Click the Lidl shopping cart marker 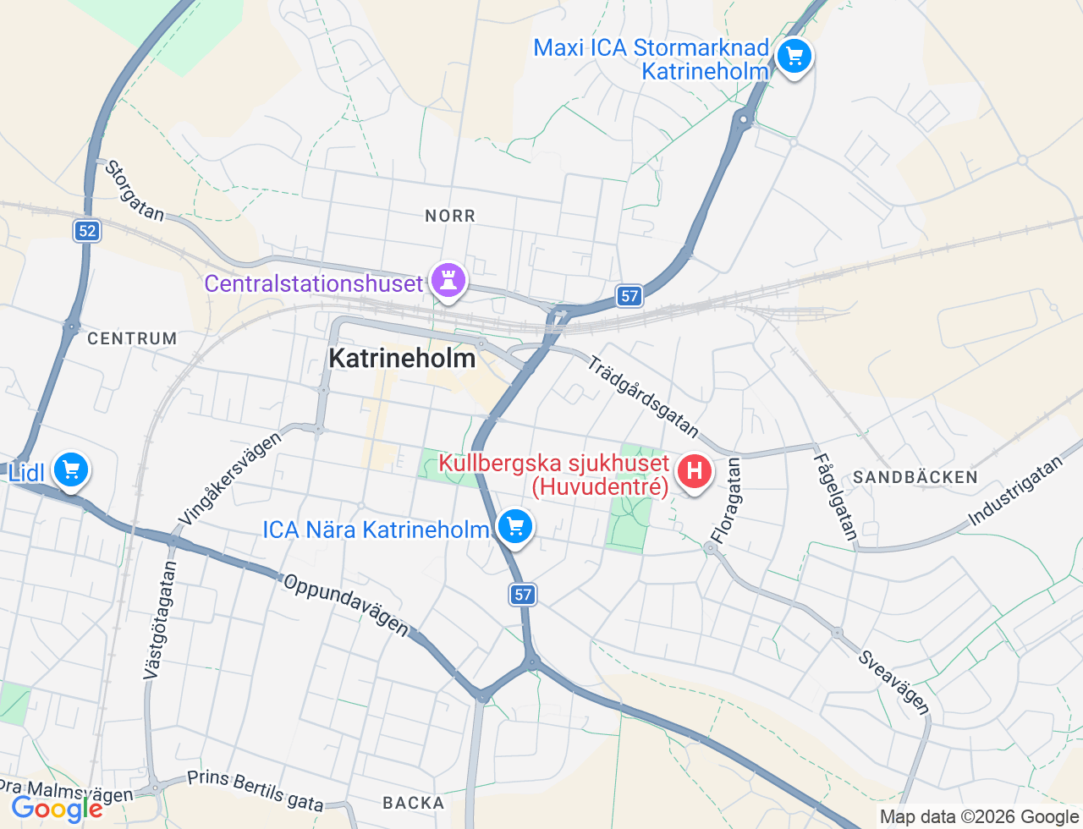pos(71,469)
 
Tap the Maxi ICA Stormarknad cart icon pos(794,58)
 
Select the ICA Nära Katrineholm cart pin pos(514,527)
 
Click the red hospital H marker pos(695,471)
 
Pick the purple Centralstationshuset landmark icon pos(448,280)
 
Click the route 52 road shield pos(86,231)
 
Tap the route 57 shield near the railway pos(629,295)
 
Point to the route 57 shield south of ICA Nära pos(523,595)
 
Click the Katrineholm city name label pos(402,359)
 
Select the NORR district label pos(450,217)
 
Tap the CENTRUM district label pos(132,338)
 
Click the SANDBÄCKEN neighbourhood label pos(915,477)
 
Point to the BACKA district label pos(413,803)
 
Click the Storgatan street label pos(134,190)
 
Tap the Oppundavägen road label pos(346,605)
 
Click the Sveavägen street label pos(894,682)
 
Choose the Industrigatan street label pos(1014,491)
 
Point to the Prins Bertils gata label pos(255,790)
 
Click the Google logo pos(57,810)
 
